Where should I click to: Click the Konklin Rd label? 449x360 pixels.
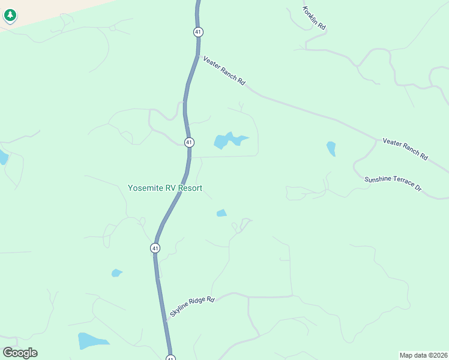coord(314,19)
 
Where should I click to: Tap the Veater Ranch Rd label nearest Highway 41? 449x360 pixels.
coord(224,70)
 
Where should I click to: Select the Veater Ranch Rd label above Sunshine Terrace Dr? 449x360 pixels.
coord(405,149)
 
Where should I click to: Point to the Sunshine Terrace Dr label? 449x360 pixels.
coord(393,184)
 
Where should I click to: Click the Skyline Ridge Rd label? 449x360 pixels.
coord(192,306)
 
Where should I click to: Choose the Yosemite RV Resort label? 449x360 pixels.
coord(165,188)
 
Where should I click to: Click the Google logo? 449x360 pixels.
coord(20,353)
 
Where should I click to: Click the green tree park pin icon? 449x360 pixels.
coord(10,15)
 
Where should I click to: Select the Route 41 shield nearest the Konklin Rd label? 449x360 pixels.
coord(198,31)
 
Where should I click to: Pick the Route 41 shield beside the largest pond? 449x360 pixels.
coord(189,142)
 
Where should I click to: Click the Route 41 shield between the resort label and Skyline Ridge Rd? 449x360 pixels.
coord(155,248)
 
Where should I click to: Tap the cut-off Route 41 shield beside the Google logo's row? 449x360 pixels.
coord(170,358)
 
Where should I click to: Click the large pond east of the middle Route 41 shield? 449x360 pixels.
coord(228,141)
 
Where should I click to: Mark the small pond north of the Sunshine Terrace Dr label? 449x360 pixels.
coord(331,148)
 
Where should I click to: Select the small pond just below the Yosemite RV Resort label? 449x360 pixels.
coord(221,213)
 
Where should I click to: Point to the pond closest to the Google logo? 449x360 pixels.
coord(91,341)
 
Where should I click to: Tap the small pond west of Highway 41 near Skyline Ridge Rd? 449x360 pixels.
coord(116,273)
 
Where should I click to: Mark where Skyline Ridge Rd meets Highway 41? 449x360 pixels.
coord(164,319)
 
